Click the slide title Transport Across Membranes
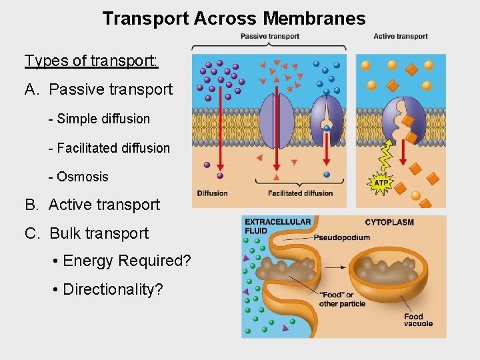tap(234, 19)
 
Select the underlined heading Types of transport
tap(91, 61)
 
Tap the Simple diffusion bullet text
tap(99, 119)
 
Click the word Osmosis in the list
tap(83, 177)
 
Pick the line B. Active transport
tap(93, 205)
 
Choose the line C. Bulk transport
tap(87, 233)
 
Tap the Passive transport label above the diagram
tap(269, 36)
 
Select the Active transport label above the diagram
tap(401, 36)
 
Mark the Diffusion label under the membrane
tap(212, 193)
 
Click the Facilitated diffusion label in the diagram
tap(300, 193)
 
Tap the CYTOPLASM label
tap(389, 222)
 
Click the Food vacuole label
tap(418, 320)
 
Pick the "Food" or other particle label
tap(342, 299)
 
